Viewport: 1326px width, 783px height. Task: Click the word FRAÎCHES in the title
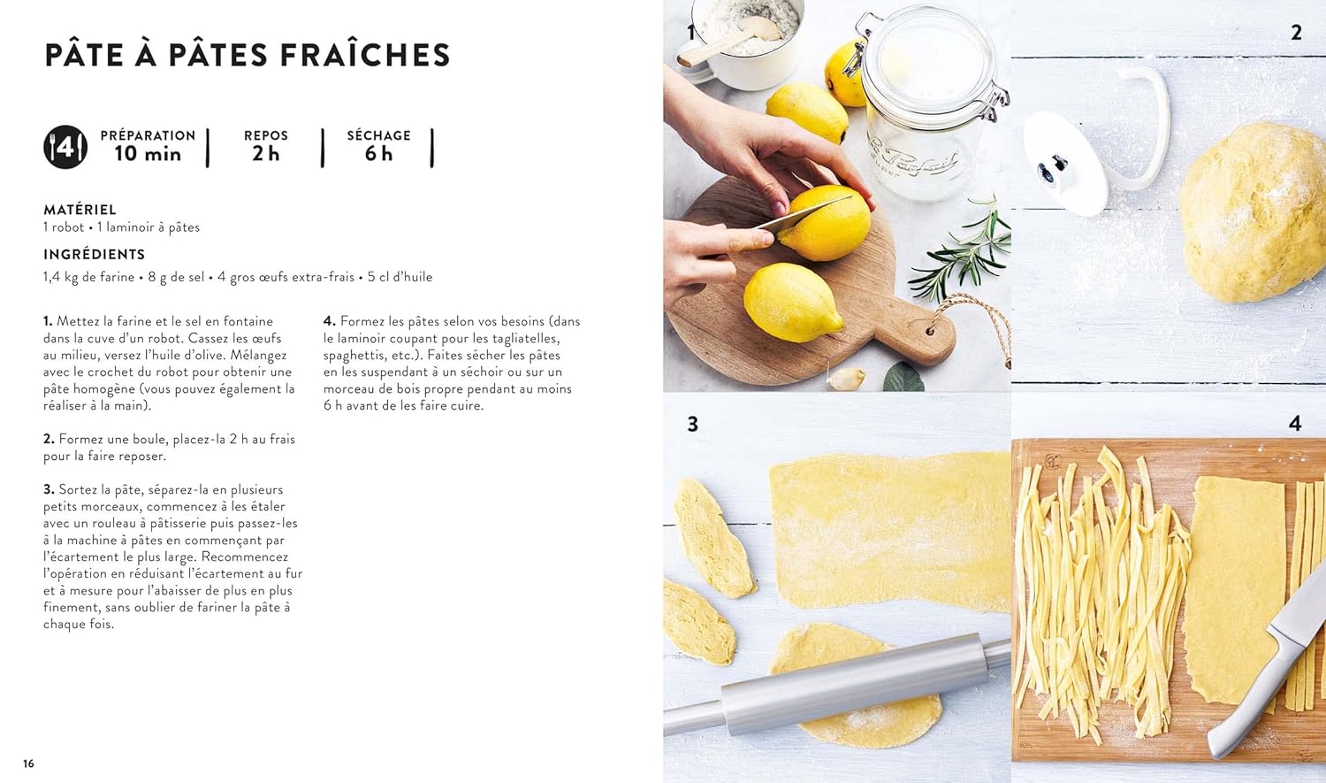[x=364, y=55]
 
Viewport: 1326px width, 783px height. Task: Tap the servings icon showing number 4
[x=65, y=147]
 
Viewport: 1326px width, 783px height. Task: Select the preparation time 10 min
[x=148, y=154]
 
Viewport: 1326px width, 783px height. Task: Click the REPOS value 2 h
[x=266, y=154]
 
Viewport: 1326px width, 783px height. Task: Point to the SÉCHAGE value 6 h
[x=379, y=154]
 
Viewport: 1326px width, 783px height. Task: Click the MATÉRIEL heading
[x=80, y=210]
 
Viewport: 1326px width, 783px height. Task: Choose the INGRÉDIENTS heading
[x=94, y=255]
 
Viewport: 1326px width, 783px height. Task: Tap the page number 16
[x=28, y=764]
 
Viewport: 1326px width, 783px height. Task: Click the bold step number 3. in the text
[x=49, y=490]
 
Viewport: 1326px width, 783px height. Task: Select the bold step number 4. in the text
[x=329, y=322]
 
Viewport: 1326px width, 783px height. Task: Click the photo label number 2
[x=1297, y=33]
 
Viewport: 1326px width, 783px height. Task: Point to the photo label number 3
[x=692, y=424]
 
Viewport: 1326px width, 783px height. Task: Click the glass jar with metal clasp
[x=926, y=101]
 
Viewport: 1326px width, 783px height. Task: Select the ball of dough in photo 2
[x=1253, y=212]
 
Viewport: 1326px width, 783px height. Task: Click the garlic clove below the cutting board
[x=847, y=379]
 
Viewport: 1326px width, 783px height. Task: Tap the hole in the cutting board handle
[x=930, y=331]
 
